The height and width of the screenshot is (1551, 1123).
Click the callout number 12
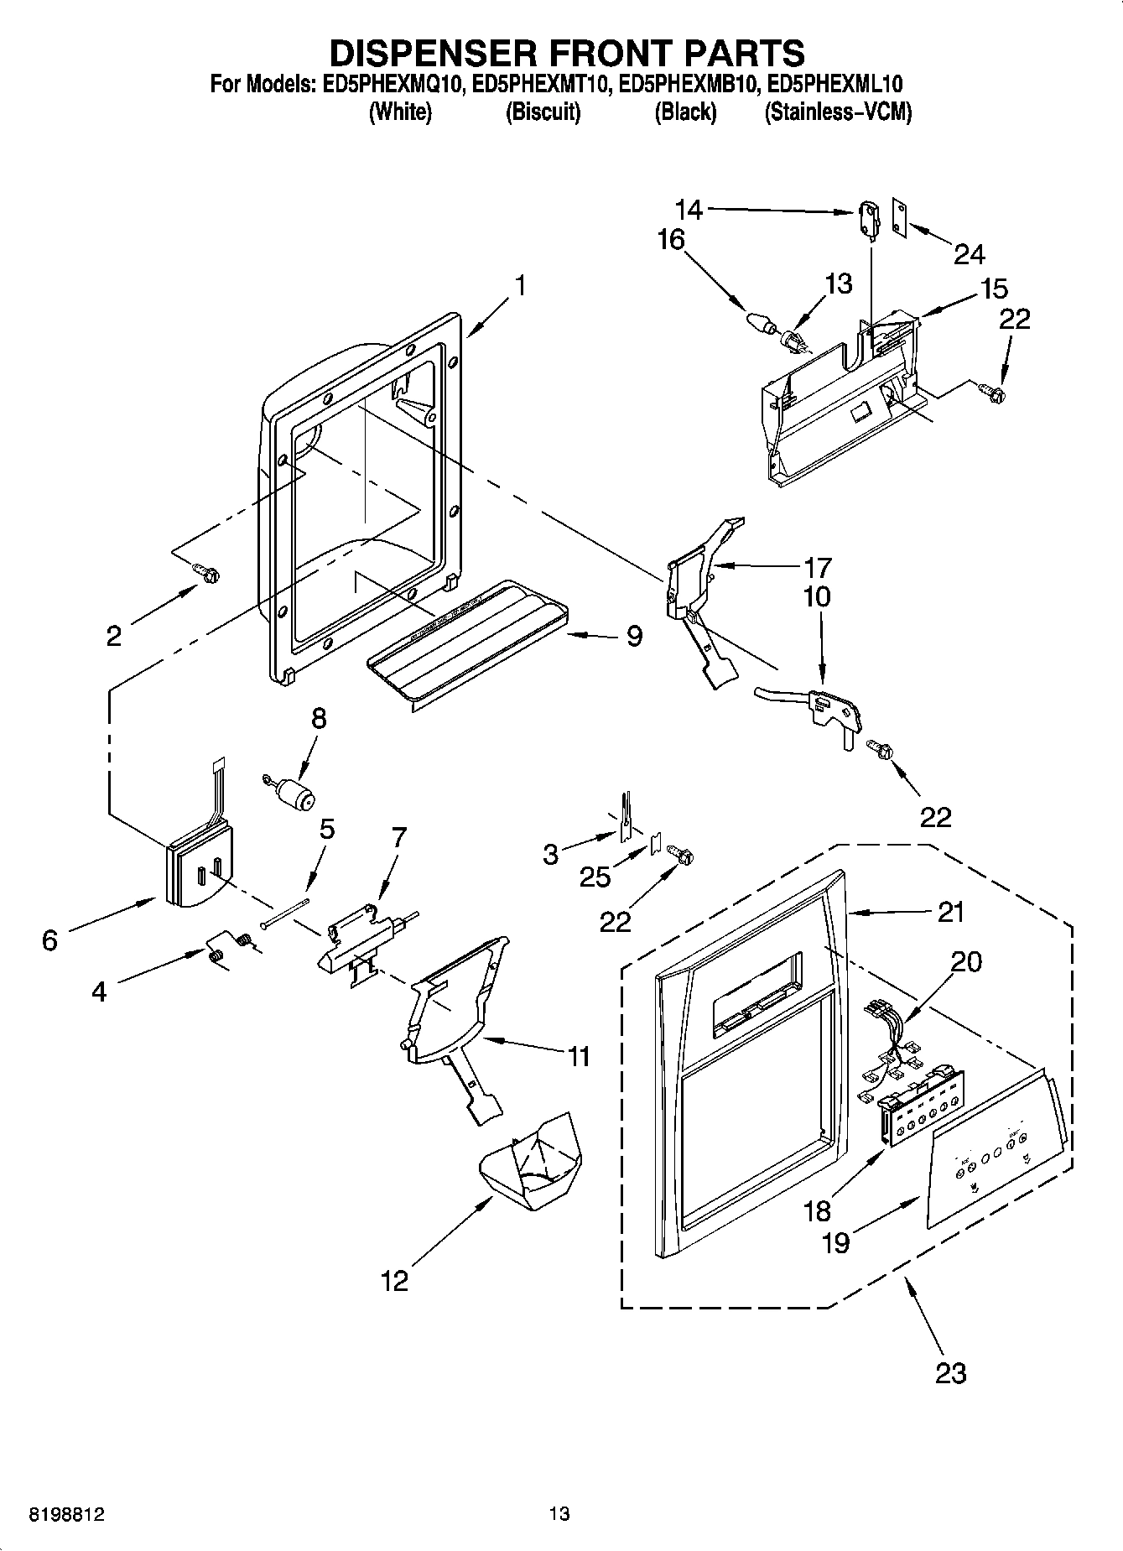(394, 1281)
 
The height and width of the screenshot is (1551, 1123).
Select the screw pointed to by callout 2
(206, 572)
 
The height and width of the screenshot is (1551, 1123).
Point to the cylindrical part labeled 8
(294, 794)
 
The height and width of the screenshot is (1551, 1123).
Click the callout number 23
(949, 1373)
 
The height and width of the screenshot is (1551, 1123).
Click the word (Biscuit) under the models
(543, 112)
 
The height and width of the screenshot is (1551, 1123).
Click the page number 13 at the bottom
(559, 1514)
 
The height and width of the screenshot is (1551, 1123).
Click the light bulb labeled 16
(759, 322)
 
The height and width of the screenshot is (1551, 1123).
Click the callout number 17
(817, 568)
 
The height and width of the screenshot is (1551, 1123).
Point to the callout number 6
(49, 940)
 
